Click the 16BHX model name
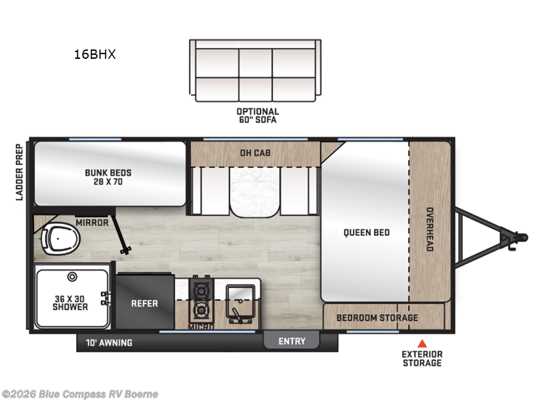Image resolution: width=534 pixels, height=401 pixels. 95,55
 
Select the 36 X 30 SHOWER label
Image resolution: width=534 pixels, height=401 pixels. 70,302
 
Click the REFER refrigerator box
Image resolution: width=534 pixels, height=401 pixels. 145,303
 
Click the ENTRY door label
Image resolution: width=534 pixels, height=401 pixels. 292,342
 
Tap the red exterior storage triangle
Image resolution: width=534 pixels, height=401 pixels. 421,343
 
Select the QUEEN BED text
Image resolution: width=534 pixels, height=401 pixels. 366,233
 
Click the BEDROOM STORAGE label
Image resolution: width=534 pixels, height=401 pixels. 377,317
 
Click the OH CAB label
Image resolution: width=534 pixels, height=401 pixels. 255,152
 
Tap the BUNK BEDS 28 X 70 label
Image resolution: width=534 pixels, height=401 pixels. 108,177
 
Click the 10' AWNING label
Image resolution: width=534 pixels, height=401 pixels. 109,343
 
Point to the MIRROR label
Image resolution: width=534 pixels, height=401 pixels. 91,223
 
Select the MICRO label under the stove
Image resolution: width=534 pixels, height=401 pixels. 200,327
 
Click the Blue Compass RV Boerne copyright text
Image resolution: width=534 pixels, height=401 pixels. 79,394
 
